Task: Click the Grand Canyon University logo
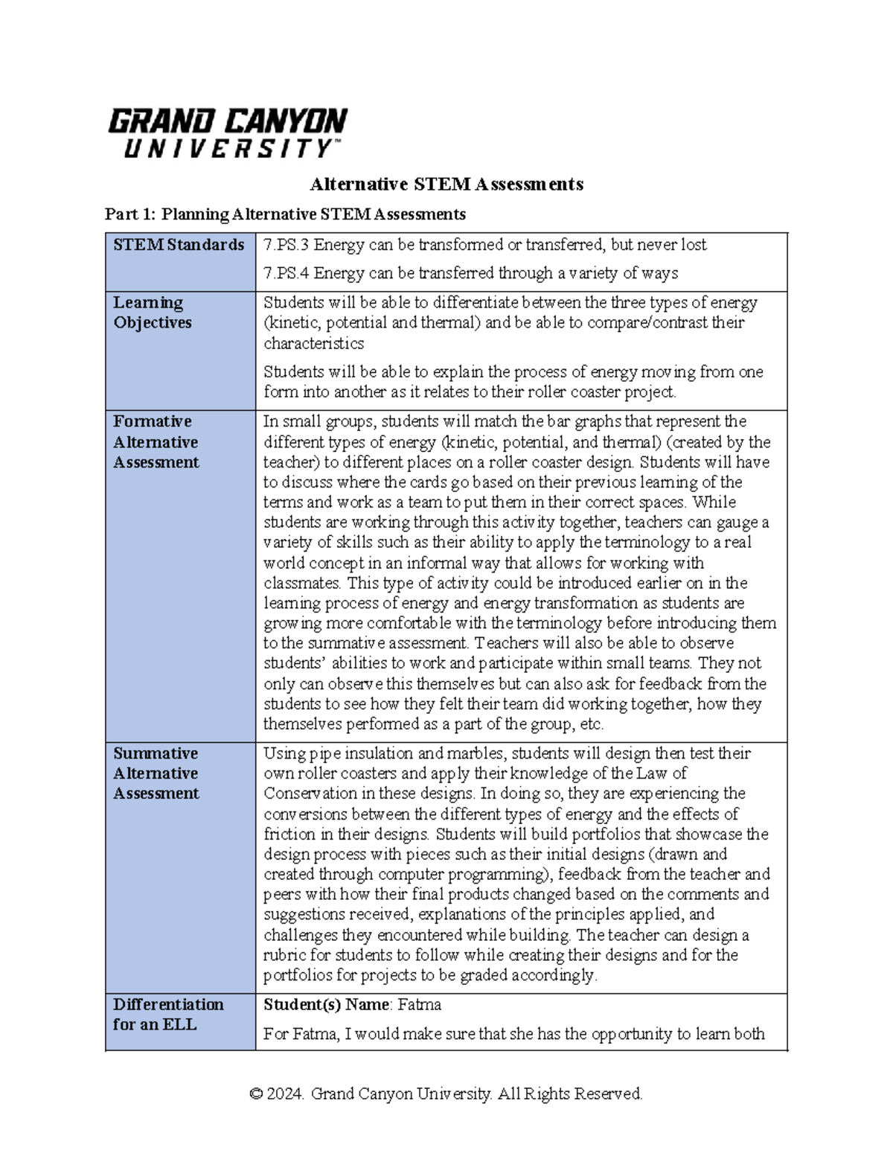click(227, 132)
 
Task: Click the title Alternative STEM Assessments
click(446, 184)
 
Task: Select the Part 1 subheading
click(285, 214)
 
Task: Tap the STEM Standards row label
click(179, 245)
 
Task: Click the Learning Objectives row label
click(152, 313)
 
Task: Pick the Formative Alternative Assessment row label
click(156, 441)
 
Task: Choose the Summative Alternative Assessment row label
click(156, 773)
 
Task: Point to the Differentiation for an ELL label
click(167, 1014)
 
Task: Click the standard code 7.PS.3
click(286, 245)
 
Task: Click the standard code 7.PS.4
click(286, 273)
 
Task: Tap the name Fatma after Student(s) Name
click(419, 1005)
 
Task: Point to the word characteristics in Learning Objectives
click(313, 343)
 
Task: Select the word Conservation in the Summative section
click(310, 793)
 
